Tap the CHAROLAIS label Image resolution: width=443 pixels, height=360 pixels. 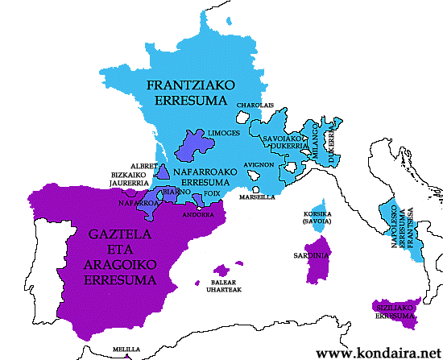(x=254, y=106)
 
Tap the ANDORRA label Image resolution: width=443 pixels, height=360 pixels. (x=197, y=215)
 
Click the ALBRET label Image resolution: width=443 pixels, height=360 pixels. (x=141, y=164)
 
